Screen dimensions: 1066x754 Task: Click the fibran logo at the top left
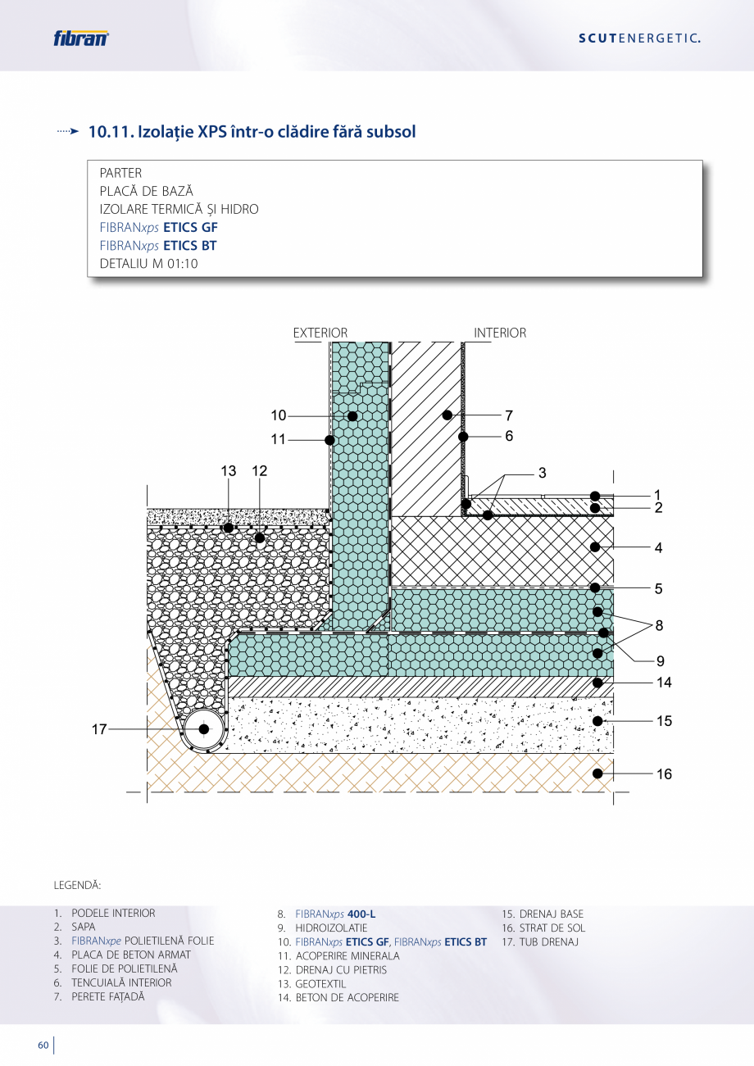(x=80, y=38)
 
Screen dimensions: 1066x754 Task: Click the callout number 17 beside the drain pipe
(x=99, y=729)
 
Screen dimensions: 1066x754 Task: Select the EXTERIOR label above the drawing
(x=320, y=333)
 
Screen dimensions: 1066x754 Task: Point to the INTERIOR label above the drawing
(x=500, y=333)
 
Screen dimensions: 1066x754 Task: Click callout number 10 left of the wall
(x=279, y=416)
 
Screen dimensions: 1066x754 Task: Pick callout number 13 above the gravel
(x=228, y=471)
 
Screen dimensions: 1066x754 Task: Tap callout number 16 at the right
(x=664, y=773)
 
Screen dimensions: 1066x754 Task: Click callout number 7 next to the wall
(x=509, y=415)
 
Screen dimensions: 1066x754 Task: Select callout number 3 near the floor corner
(x=542, y=473)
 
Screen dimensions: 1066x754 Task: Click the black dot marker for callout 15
(x=598, y=721)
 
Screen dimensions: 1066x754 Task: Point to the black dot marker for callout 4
(x=597, y=547)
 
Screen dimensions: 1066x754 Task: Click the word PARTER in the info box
(x=120, y=173)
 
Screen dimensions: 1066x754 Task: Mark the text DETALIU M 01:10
(x=148, y=264)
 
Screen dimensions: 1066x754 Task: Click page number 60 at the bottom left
(x=43, y=1046)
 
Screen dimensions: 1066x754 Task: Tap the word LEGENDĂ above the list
(x=77, y=886)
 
